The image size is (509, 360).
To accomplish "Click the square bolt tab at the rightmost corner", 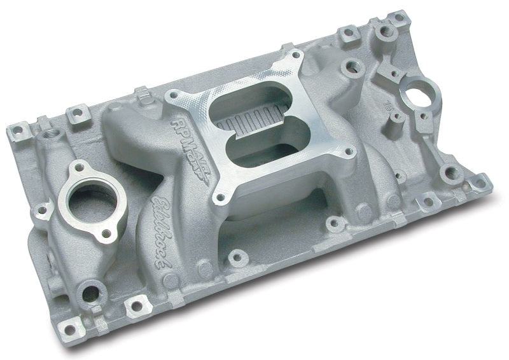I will [481, 186].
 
